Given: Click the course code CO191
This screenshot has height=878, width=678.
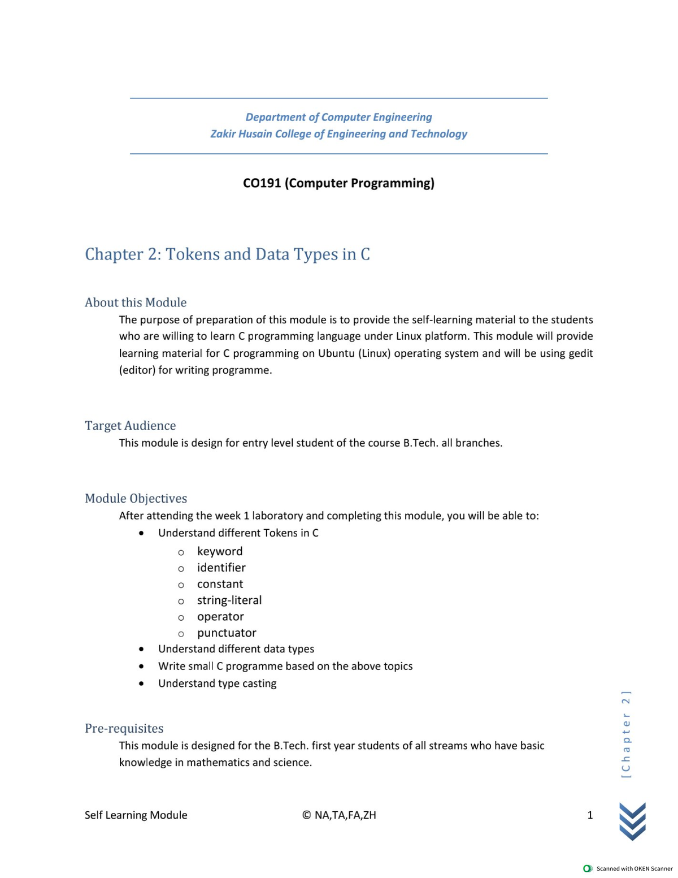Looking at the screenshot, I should [262, 183].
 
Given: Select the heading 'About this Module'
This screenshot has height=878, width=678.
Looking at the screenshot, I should [136, 302].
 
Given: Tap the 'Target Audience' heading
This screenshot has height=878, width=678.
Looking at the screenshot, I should [130, 426].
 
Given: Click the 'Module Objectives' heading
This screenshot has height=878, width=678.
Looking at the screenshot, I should [136, 499].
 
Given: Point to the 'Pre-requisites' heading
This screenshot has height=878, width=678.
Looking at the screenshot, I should [124, 729].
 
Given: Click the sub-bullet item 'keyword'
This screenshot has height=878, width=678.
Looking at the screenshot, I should [220, 551].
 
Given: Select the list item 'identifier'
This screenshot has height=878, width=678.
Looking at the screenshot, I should [221, 568].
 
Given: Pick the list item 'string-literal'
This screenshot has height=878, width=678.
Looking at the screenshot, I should [229, 600].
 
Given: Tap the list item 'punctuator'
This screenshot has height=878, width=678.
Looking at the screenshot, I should [227, 633].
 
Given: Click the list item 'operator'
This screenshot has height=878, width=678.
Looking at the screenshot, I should [220, 617].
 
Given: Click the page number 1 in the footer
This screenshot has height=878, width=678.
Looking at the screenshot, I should [590, 815].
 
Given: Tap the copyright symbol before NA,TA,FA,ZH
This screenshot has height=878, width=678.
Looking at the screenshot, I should [306, 815].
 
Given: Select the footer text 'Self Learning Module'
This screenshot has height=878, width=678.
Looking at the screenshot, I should [136, 815].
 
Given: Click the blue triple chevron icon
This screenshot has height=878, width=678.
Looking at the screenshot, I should [632, 821].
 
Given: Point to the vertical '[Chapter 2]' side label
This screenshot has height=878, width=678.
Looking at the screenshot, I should [625, 734].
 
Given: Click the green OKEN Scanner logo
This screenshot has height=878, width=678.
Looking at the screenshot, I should [588, 868].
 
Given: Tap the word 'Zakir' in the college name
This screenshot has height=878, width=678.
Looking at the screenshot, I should [223, 134].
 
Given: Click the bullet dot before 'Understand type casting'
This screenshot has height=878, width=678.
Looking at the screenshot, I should [141, 684].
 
